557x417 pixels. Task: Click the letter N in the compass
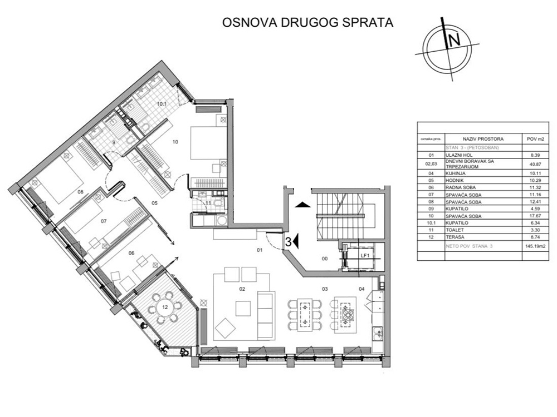click(x=454, y=40)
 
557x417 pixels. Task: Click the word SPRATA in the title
click(x=365, y=23)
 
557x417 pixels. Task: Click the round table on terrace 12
click(x=165, y=306)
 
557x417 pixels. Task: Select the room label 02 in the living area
click(x=242, y=289)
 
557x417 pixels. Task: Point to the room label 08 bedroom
click(x=80, y=192)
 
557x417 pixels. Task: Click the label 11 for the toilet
click(x=207, y=203)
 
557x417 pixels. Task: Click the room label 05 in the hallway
click(x=155, y=202)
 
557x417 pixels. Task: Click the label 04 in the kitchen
click(x=361, y=289)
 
